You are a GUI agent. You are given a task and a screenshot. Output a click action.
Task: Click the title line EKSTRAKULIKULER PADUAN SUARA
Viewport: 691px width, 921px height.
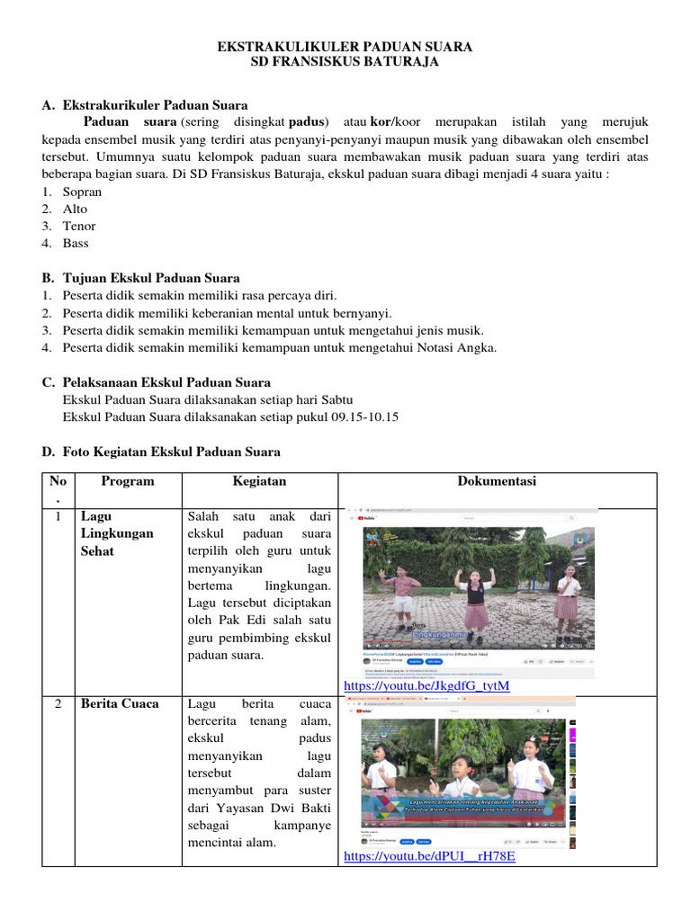coord(345,46)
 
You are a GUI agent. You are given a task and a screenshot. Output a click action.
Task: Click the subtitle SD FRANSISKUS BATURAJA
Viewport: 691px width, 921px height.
coord(345,62)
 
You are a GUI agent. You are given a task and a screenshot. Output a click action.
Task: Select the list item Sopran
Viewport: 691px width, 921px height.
coord(82,192)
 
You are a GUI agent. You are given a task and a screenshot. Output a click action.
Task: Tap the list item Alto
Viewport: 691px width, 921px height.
coord(76,209)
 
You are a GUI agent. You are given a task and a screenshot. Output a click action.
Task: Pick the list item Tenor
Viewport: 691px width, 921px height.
coord(79,226)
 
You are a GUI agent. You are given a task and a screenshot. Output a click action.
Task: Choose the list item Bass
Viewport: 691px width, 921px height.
coord(76,243)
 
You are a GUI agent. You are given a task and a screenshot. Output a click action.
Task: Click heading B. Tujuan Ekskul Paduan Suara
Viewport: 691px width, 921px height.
coord(141,278)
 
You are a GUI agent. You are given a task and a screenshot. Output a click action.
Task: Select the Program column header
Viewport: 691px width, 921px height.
coord(127,481)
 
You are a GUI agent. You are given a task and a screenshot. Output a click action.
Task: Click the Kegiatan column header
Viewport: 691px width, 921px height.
coord(259,481)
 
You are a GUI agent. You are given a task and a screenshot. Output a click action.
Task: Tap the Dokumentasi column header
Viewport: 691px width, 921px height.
coord(497,481)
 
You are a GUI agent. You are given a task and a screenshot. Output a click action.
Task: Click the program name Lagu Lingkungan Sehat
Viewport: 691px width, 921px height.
coord(117,533)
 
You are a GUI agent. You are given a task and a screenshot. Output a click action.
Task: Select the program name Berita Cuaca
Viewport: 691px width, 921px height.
coord(119,703)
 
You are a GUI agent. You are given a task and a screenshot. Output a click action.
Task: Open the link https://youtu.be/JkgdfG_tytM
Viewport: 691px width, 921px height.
coord(426,686)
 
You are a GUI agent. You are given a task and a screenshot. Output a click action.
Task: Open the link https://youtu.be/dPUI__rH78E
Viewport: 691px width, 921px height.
coord(429,856)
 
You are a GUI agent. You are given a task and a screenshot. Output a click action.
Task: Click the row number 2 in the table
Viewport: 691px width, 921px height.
coord(58,703)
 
